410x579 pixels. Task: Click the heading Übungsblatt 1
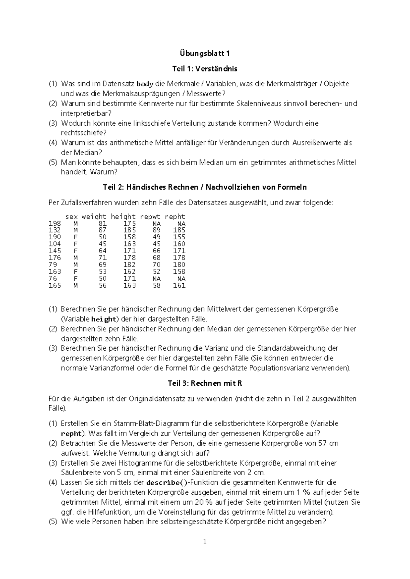[x=205, y=54]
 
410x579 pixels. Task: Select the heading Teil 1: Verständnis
[x=205, y=69]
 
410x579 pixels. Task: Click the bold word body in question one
[x=145, y=84]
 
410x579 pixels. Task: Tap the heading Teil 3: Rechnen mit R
[x=205, y=383]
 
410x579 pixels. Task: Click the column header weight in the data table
[x=94, y=217]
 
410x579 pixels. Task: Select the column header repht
[x=175, y=217]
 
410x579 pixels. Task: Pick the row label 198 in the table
[x=55, y=224]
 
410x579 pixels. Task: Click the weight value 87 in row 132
[x=102, y=230]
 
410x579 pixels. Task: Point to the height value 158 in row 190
[x=129, y=237]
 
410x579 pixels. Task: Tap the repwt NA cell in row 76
[x=156, y=279]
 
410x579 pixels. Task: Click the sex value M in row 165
[x=76, y=286]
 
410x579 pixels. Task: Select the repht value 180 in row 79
[x=179, y=265]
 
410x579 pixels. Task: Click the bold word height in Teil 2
[x=104, y=320]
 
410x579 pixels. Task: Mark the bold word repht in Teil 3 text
[x=71, y=434]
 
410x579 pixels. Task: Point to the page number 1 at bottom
[x=205, y=541]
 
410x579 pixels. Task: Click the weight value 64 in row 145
[x=102, y=251]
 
